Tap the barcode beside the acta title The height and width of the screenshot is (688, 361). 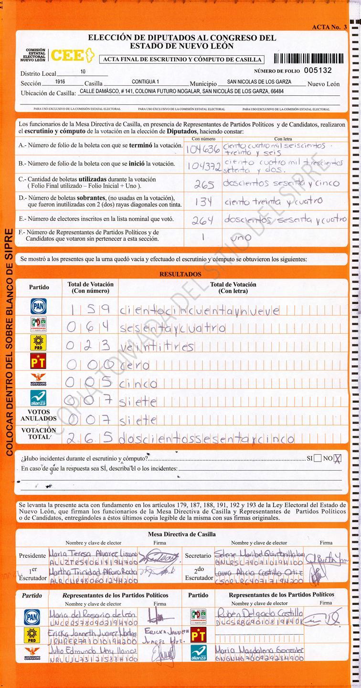308,59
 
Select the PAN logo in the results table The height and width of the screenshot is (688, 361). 38,306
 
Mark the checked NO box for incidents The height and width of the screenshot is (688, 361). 338,459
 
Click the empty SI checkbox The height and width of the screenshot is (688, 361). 318,459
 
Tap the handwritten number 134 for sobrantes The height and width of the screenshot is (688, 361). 202,202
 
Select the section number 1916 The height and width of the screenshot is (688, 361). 60,82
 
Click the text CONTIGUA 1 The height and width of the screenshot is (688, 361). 145,82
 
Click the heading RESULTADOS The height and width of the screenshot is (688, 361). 180,274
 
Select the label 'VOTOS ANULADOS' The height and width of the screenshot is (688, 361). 38,415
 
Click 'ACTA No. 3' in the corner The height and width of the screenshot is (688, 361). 329,27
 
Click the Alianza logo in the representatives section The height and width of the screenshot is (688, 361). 198,652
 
